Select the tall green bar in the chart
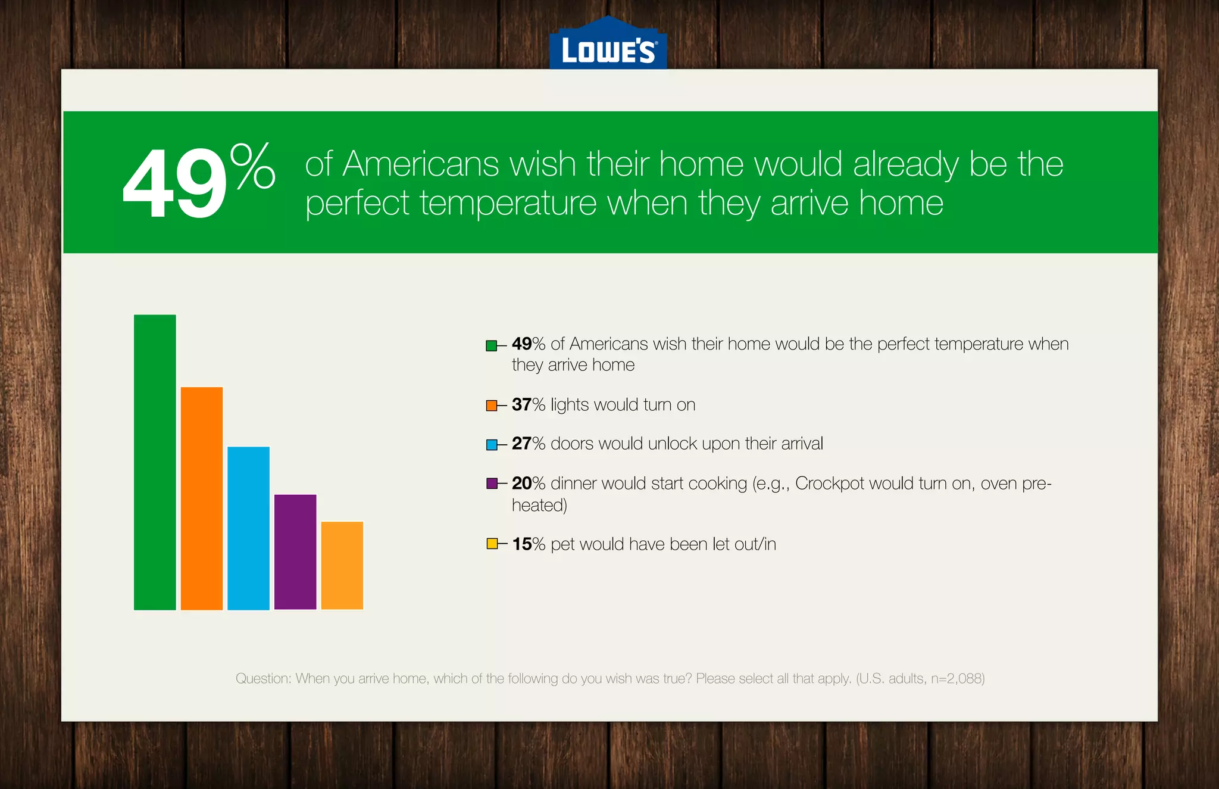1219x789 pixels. point(155,462)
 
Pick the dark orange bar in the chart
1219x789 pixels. point(202,498)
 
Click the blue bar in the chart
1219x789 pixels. point(248,528)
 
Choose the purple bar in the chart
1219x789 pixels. point(295,552)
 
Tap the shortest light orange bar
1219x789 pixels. point(342,566)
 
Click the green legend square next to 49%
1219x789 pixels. point(491,345)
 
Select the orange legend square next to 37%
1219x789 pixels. point(491,406)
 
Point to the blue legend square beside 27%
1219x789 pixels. point(491,445)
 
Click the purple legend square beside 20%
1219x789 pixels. point(491,484)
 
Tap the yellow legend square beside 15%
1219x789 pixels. point(491,544)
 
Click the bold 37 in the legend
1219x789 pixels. point(521,405)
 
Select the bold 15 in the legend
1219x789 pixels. point(521,544)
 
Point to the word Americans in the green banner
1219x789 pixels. point(421,164)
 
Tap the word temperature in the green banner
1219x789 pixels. point(508,204)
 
